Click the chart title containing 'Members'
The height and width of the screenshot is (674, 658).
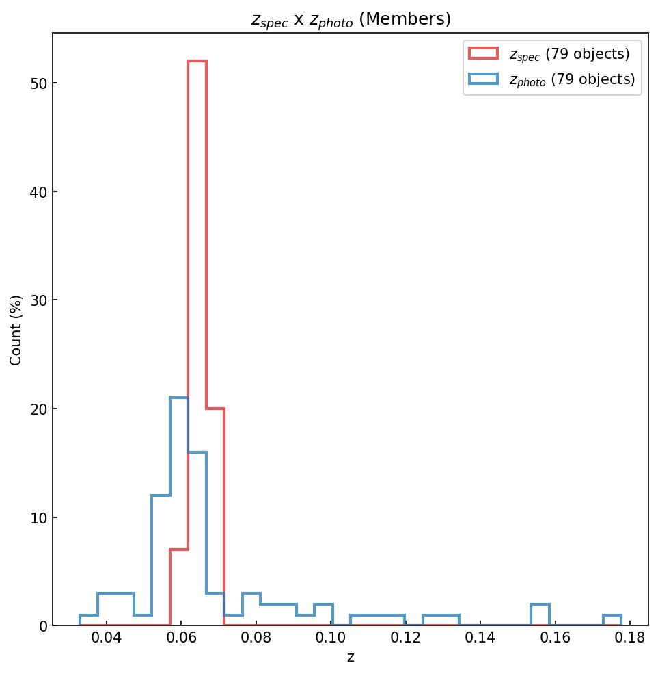point(351,20)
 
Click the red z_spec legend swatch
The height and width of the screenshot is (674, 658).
point(482,53)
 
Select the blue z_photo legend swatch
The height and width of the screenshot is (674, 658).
point(482,79)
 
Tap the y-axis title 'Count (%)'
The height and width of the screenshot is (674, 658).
point(16,329)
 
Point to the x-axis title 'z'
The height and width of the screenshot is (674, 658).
point(351,658)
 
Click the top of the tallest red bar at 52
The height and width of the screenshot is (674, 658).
point(197,61)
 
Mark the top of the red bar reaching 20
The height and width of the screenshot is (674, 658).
point(215,409)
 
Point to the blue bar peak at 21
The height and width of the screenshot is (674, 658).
point(178,398)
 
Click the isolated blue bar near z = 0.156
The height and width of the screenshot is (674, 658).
point(540,604)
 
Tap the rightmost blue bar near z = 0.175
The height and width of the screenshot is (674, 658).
point(612,615)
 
